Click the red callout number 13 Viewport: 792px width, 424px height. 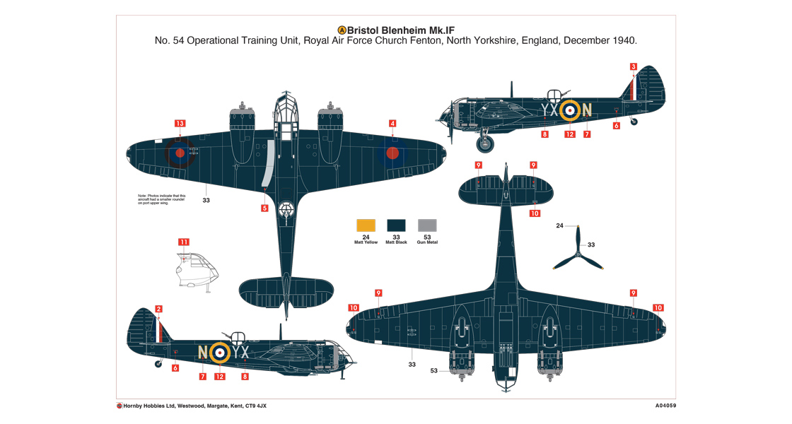tap(180, 124)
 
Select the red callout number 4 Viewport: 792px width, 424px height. tap(392, 124)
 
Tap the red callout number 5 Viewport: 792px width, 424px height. tap(264, 208)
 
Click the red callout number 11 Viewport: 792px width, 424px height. tap(184, 242)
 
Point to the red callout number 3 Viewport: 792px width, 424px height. tap(634, 67)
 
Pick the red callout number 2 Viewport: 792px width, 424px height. tap(158, 309)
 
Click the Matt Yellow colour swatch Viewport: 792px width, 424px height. tap(366, 225)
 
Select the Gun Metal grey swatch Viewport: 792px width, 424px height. tap(427, 225)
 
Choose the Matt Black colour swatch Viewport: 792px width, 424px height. tap(396, 225)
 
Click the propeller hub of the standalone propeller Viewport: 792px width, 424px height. tap(578, 252)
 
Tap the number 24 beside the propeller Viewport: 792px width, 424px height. tap(559, 226)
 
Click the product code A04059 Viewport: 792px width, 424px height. tap(660, 406)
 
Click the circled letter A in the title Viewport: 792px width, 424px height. tap(342, 30)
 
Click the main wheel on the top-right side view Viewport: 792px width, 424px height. tap(485, 144)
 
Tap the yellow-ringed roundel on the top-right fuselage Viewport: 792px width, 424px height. tap(570, 110)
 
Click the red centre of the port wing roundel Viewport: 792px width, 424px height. tap(180, 152)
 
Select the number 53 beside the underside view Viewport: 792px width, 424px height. tap(433, 370)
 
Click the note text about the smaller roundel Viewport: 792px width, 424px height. tap(162, 199)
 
